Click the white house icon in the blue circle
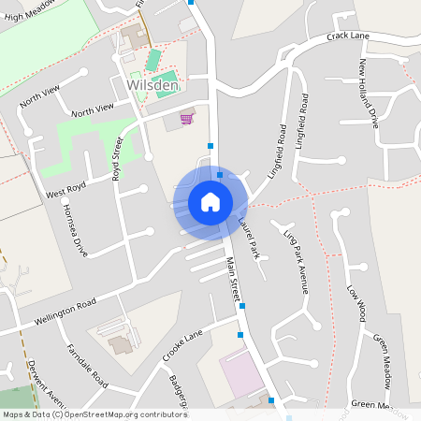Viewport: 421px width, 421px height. pyautogui.click(x=210, y=202)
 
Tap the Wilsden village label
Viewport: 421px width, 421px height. pyautogui.click(x=150, y=87)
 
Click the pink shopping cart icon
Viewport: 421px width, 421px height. pyautogui.click(x=186, y=119)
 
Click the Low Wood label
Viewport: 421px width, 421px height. pyautogui.click(x=355, y=303)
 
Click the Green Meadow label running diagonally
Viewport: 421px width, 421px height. pyautogui.click(x=383, y=360)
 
